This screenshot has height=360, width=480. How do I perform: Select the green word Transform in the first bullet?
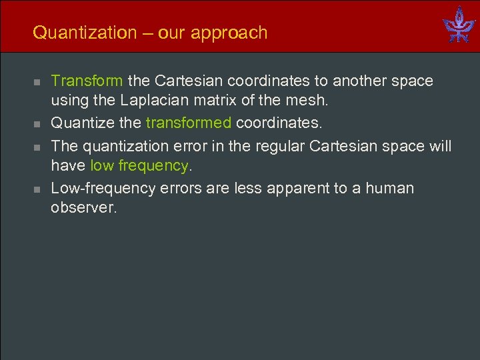(x=87, y=81)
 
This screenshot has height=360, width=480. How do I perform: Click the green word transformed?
(x=189, y=123)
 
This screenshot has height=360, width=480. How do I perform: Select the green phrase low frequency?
(x=139, y=166)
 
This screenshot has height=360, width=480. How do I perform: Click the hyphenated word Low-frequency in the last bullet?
(x=103, y=188)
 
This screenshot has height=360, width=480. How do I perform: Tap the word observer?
(x=83, y=208)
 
